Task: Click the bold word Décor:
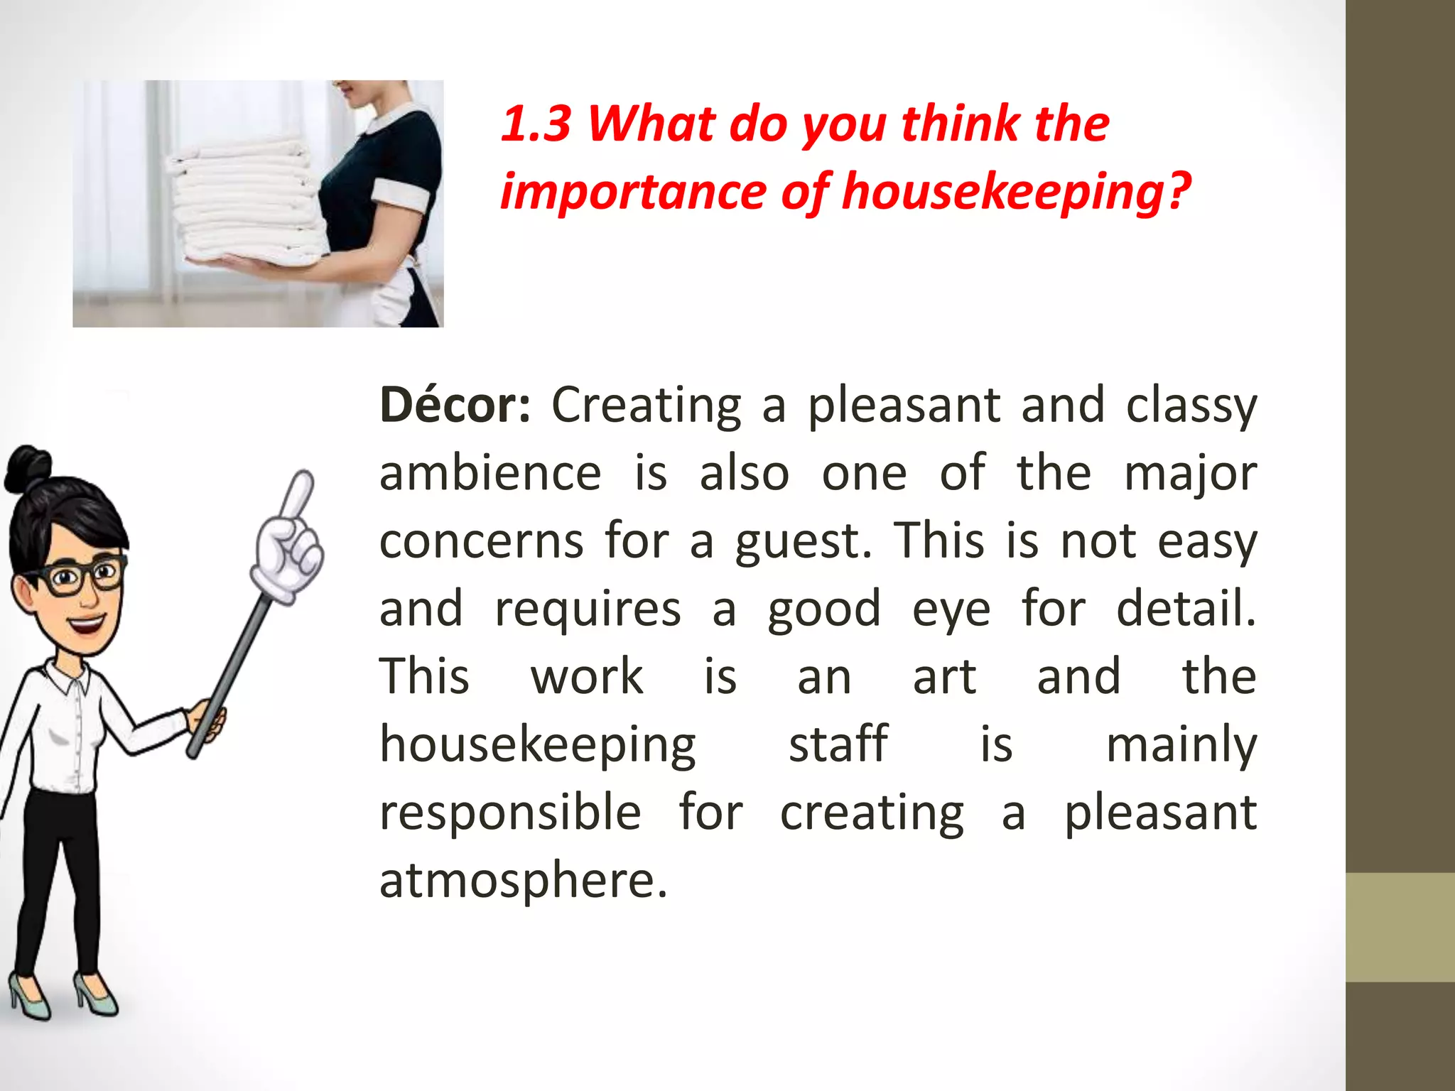point(455,405)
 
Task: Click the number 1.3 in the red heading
point(536,124)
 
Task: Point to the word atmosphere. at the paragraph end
point(524,879)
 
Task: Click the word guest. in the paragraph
point(804,541)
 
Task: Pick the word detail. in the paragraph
point(1186,609)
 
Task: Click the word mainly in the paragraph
point(1181,746)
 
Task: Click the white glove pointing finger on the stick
point(291,540)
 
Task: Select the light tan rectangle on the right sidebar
point(1400,927)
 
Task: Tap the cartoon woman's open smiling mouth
point(87,626)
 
